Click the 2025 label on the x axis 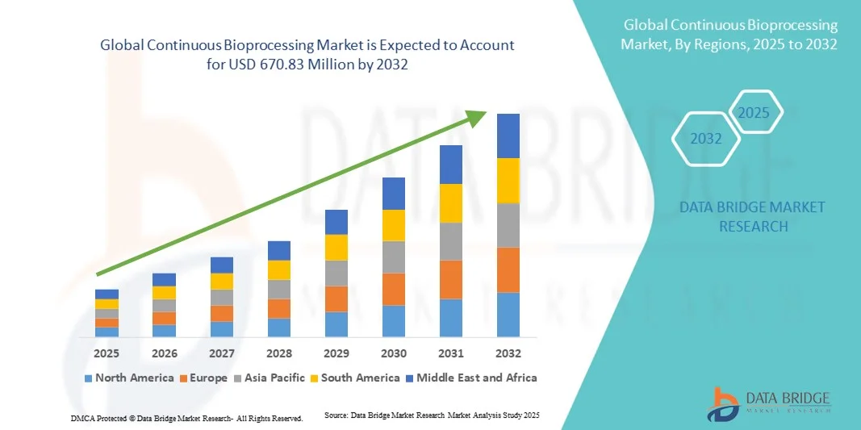107,353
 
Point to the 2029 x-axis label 336,353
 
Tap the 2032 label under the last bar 508,353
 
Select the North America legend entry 128,378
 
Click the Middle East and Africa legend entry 473,378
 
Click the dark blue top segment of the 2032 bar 508,136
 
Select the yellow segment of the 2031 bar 451,203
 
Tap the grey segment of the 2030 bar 394,257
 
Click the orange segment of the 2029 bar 336,299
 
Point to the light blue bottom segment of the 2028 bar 279,328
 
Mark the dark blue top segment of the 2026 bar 164,280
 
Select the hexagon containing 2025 754,112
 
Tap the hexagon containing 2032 706,139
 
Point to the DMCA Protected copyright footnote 186,419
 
